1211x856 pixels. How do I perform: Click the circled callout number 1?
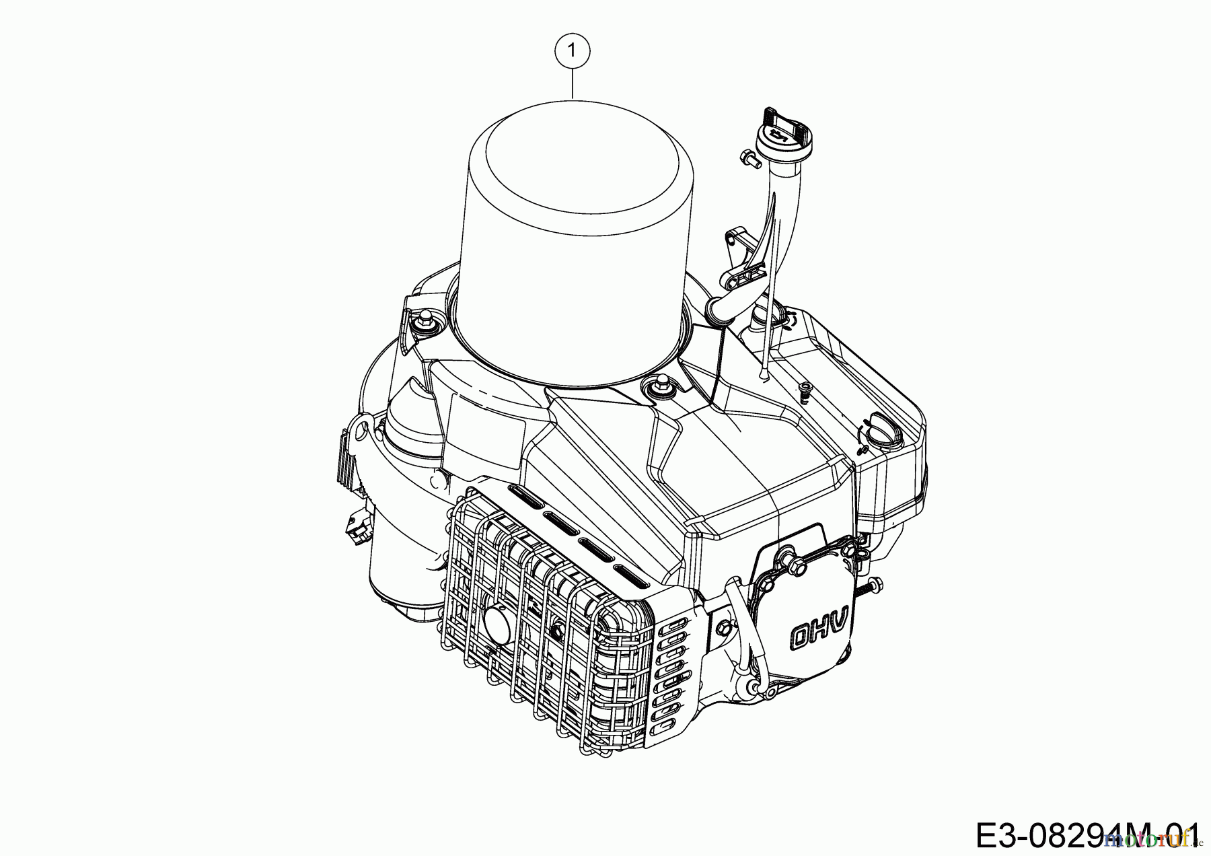[572, 50]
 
